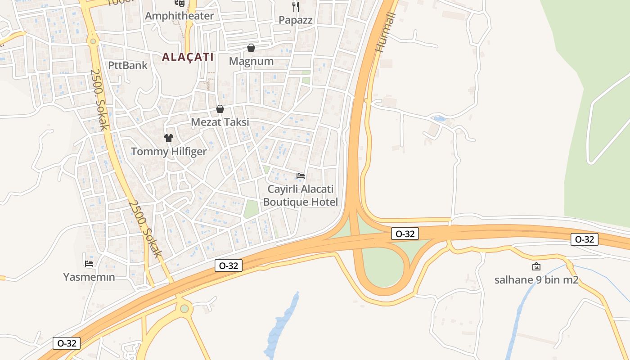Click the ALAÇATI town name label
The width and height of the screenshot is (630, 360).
[188, 57]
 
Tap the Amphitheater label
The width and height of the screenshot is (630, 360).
[179, 16]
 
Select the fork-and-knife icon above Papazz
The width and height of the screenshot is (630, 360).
[295, 6]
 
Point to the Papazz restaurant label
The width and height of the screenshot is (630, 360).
[295, 20]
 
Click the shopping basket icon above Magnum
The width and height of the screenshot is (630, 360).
[251, 48]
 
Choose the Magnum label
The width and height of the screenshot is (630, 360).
[251, 61]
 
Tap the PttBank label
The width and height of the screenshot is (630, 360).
[128, 65]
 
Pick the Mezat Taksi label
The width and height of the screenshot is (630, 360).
[220, 122]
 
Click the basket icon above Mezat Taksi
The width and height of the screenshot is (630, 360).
[220, 109]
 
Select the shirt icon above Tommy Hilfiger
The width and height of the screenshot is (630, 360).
[169, 138]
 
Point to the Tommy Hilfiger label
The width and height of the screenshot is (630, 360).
[169, 152]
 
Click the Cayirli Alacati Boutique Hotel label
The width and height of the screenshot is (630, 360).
[300, 195]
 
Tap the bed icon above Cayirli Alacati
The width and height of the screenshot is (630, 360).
[301, 175]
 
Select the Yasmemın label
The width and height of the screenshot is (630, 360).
[89, 277]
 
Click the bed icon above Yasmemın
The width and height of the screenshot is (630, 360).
[89, 264]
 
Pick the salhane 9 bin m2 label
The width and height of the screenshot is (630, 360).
[536, 280]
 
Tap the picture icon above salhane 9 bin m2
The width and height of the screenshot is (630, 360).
[536, 267]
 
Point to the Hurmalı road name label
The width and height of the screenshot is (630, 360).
[387, 32]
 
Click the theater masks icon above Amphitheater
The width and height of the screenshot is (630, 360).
[180, 3]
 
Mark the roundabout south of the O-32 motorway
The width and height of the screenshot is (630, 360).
[184, 308]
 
